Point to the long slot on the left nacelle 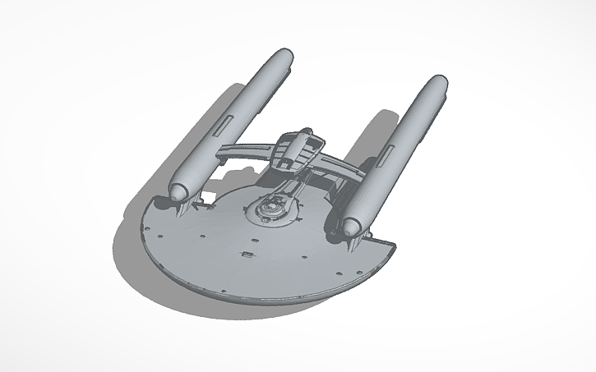pyautogui.click(x=222, y=126)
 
